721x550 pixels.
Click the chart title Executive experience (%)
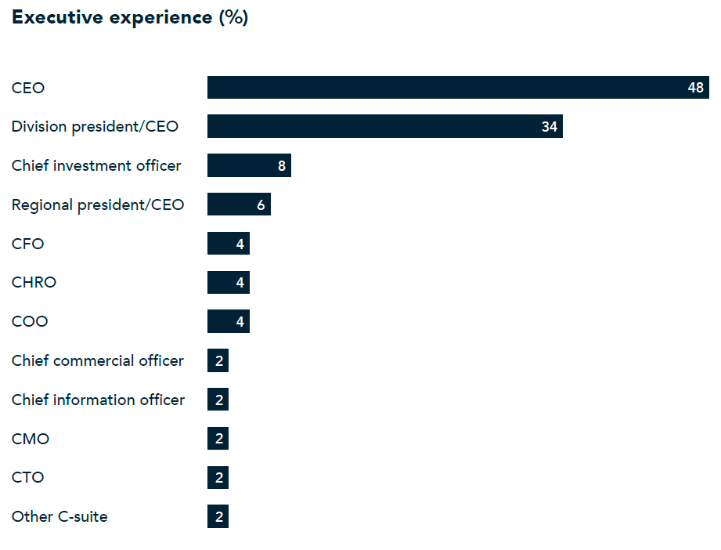click(130, 18)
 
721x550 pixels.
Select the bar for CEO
click(458, 88)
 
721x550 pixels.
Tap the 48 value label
click(696, 88)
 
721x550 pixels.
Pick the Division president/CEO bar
click(384, 126)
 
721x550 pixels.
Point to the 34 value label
click(550, 126)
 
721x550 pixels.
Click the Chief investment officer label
click(96, 165)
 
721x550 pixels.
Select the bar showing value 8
click(249, 165)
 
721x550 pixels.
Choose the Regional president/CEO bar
click(239, 204)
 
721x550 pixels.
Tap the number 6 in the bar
click(261, 204)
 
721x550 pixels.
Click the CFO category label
click(27, 244)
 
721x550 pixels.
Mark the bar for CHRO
click(228, 282)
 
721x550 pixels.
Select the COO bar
click(228, 321)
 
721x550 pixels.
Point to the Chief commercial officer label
click(98, 360)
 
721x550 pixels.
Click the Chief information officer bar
click(218, 400)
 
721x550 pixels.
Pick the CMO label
click(31, 439)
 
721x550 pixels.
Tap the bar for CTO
click(218, 477)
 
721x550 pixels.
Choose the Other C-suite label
click(59, 516)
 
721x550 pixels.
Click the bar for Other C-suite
click(218, 516)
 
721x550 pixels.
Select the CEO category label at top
click(28, 88)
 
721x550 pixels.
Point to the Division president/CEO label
click(95, 126)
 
